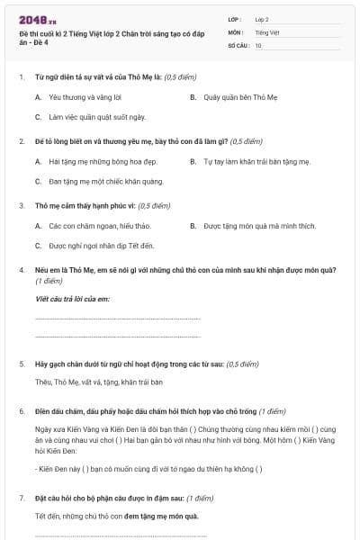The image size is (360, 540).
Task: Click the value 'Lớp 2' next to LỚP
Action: pos(262,18)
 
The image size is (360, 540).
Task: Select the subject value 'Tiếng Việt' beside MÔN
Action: pos(265,31)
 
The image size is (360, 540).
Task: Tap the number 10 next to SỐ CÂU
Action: pos(258,44)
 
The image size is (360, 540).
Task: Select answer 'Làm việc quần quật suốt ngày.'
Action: pos(91,117)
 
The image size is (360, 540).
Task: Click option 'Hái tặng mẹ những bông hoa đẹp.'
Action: pos(103,161)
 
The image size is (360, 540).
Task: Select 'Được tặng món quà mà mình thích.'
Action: pos(259,226)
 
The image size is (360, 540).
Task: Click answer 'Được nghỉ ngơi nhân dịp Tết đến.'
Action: pos(101,246)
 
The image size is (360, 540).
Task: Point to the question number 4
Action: pos(22,270)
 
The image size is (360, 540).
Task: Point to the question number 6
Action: pos(22,410)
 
